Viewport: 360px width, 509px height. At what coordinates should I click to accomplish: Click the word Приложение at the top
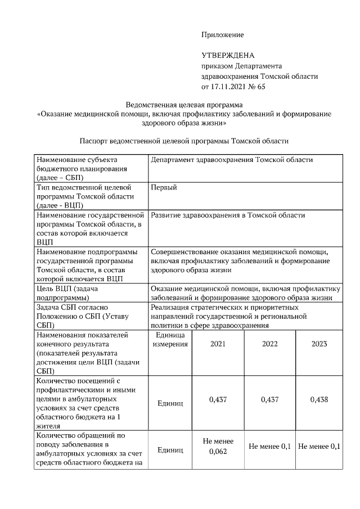pos(222,35)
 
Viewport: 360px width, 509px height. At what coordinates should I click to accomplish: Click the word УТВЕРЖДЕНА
pos(228,55)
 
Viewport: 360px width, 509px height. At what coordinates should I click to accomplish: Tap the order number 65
pos(260,87)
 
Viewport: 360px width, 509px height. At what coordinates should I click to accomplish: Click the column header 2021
pos(218,344)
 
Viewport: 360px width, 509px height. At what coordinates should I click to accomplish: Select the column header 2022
pos(270,344)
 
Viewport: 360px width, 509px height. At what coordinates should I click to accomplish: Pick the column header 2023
pos(319,344)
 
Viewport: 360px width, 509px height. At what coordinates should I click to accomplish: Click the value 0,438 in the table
pos(319,399)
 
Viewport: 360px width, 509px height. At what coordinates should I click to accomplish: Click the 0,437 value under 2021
pos(218,399)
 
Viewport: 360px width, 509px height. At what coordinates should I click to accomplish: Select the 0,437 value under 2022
pos(270,399)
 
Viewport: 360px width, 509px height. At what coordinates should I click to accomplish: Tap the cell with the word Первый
pos(164,187)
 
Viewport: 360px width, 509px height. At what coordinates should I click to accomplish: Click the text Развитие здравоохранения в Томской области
pos(228,215)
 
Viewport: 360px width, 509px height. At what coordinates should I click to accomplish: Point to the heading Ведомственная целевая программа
pos(184,105)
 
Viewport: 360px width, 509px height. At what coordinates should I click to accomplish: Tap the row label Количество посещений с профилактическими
pos(84,403)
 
